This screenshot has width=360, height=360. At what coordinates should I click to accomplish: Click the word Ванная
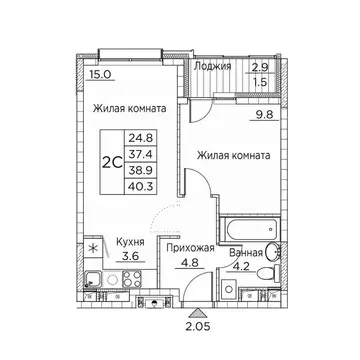pyautogui.click(x=248, y=255)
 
